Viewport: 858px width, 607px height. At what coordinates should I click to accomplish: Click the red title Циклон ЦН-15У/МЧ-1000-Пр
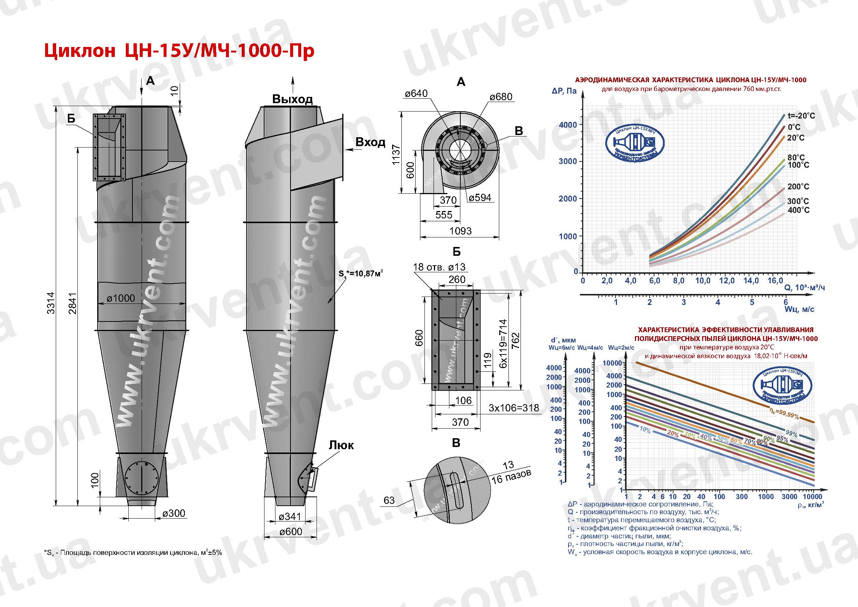[179, 51]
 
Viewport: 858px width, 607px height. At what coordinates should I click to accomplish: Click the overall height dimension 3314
[51, 302]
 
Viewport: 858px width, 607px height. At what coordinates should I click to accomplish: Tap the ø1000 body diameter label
[121, 298]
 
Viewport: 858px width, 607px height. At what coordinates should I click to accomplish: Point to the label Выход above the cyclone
[292, 99]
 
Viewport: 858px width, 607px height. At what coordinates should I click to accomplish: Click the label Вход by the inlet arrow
[370, 142]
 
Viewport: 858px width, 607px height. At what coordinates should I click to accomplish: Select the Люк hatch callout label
[341, 445]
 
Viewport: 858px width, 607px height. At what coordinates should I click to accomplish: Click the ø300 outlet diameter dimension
[174, 513]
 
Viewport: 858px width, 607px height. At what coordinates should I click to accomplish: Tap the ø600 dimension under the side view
[291, 531]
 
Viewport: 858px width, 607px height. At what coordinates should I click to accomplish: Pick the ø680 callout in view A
[501, 97]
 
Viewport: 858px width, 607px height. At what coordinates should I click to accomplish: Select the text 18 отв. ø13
[439, 267]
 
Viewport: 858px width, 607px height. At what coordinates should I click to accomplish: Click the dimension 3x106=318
[514, 408]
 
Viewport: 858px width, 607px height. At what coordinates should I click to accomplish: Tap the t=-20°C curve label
[801, 116]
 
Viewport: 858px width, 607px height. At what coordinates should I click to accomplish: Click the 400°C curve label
[798, 210]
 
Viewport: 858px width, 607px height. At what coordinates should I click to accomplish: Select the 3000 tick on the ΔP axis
[567, 161]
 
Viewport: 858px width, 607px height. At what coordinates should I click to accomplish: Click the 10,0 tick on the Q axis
[702, 281]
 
